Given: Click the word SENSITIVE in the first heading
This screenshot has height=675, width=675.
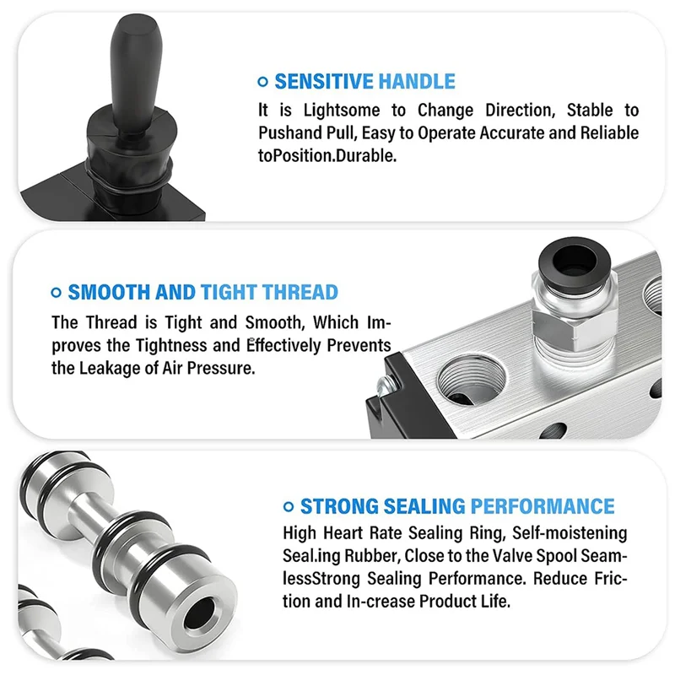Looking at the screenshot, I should pos(324,82).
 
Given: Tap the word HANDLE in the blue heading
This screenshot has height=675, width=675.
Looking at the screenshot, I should pos(416,82).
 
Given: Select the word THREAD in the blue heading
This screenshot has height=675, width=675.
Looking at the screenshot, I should pos(300,293).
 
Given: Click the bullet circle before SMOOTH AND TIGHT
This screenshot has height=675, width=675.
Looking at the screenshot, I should pos(57,293).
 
